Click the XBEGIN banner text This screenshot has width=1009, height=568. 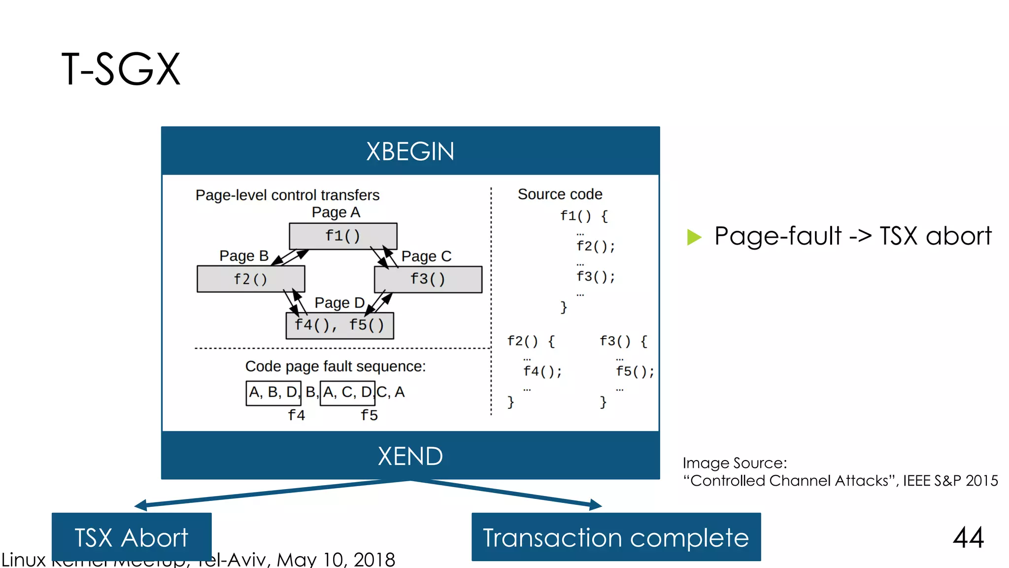[x=410, y=151]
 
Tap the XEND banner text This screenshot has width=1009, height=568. [x=410, y=456]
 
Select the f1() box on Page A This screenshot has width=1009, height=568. [x=343, y=236]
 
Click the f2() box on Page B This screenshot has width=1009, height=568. [x=251, y=279]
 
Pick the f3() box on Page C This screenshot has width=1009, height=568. [x=428, y=279]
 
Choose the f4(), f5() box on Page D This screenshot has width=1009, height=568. [x=339, y=325]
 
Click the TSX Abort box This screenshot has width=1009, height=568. [x=132, y=536]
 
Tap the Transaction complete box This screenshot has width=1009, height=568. [x=616, y=537]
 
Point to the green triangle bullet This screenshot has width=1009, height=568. [x=694, y=237]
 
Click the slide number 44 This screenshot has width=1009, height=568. [x=968, y=537]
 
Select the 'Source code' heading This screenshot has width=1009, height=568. [x=560, y=194]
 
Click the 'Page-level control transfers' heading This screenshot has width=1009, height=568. [x=287, y=195]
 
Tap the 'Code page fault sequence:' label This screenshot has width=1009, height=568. [x=335, y=366]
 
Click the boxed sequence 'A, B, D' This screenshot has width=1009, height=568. [x=273, y=393]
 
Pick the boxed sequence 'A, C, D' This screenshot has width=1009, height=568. [x=347, y=393]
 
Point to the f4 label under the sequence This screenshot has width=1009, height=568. [x=297, y=415]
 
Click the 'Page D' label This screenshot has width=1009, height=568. [x=339, y=302]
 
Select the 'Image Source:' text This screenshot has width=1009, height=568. [x=735, y=463]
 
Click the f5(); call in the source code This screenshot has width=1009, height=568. [x=635, y=371]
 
